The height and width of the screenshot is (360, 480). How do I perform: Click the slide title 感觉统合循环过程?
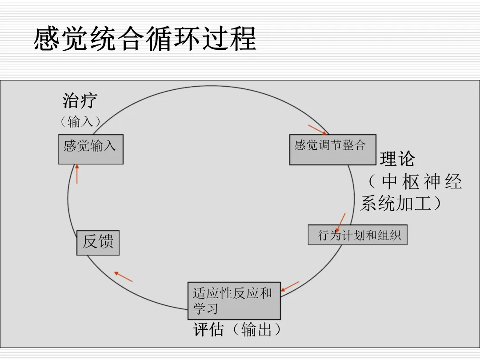point(145,39)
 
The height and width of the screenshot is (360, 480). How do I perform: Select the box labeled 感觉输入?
point(91,149)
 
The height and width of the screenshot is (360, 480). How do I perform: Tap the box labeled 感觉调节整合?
point(332,149)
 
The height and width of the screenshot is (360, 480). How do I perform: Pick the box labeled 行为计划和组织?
point(358,235)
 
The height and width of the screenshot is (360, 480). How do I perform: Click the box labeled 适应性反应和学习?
point(234,300)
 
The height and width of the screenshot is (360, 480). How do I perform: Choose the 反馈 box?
point(98,243)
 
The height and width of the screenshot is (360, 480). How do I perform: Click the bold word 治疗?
point(80,101)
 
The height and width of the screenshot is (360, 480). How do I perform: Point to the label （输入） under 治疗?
point(80,121)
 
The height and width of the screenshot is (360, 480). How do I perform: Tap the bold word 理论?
point(397,159)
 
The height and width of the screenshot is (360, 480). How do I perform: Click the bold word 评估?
point(208,330)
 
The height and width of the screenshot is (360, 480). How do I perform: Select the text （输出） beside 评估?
point(256,330)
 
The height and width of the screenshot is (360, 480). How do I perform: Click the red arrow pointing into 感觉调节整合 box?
point(318,129)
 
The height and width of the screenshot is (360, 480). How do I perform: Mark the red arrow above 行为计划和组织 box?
point(340,222)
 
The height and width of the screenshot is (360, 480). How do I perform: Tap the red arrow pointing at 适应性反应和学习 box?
point(290,287)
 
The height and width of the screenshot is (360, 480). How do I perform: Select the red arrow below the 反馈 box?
point(123,276)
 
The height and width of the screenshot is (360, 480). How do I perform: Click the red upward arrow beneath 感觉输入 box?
point(77,174)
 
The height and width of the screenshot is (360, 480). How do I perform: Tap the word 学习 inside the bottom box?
point(205,308)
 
